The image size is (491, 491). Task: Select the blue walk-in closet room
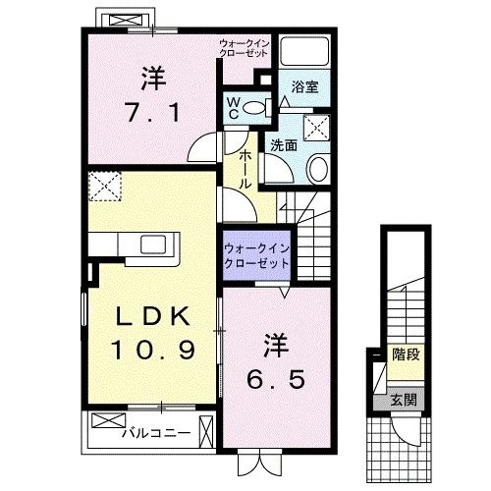point(255,256)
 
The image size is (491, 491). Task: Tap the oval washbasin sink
point(319,169)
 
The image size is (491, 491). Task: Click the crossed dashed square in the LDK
point(104,186)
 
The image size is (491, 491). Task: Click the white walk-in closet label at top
point(243,47)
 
